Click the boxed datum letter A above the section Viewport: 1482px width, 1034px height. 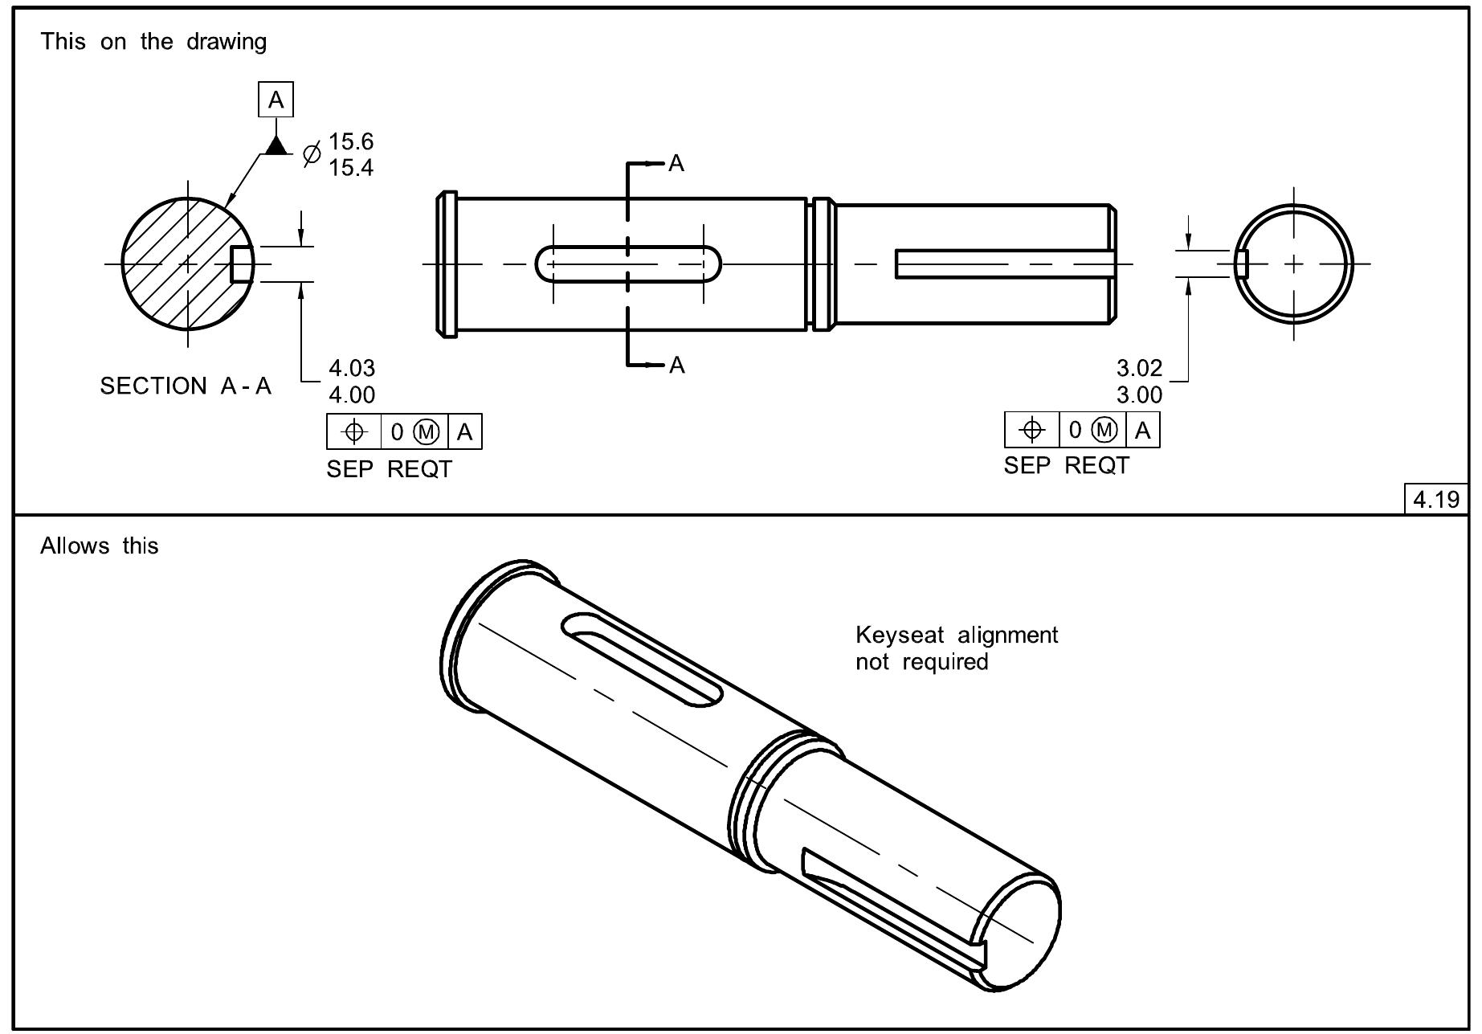[x=276, y=100]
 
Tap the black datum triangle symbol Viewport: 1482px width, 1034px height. [x=276, y=145]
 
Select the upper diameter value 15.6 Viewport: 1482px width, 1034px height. [x=351, y=141]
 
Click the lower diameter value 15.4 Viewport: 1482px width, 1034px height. [x=351, y=168]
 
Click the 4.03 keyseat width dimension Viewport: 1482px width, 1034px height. [x=352, y=368]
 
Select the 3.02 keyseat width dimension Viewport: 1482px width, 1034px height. [x=1139, y=368]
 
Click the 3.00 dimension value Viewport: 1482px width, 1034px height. [x=1139, y=395]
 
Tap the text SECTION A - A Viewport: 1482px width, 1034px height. [x=186, y=386]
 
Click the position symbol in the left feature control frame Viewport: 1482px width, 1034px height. [x=354, y=432]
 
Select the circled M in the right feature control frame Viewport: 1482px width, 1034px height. [x=1105, y=430]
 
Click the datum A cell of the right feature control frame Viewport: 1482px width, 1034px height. [x=1143, y=430]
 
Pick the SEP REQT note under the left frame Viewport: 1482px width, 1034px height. [x=389, y=469]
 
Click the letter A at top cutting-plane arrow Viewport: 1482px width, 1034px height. [x=676, y=164]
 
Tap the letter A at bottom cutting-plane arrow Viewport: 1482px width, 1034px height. [x=676, y=366]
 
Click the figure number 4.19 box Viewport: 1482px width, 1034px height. [x=1435, y=499]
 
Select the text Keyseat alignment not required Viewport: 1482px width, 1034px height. [x=956, y=648]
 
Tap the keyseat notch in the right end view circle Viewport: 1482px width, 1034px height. [x=1241, y=263]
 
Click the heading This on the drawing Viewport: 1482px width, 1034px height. [x=153, y=42]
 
